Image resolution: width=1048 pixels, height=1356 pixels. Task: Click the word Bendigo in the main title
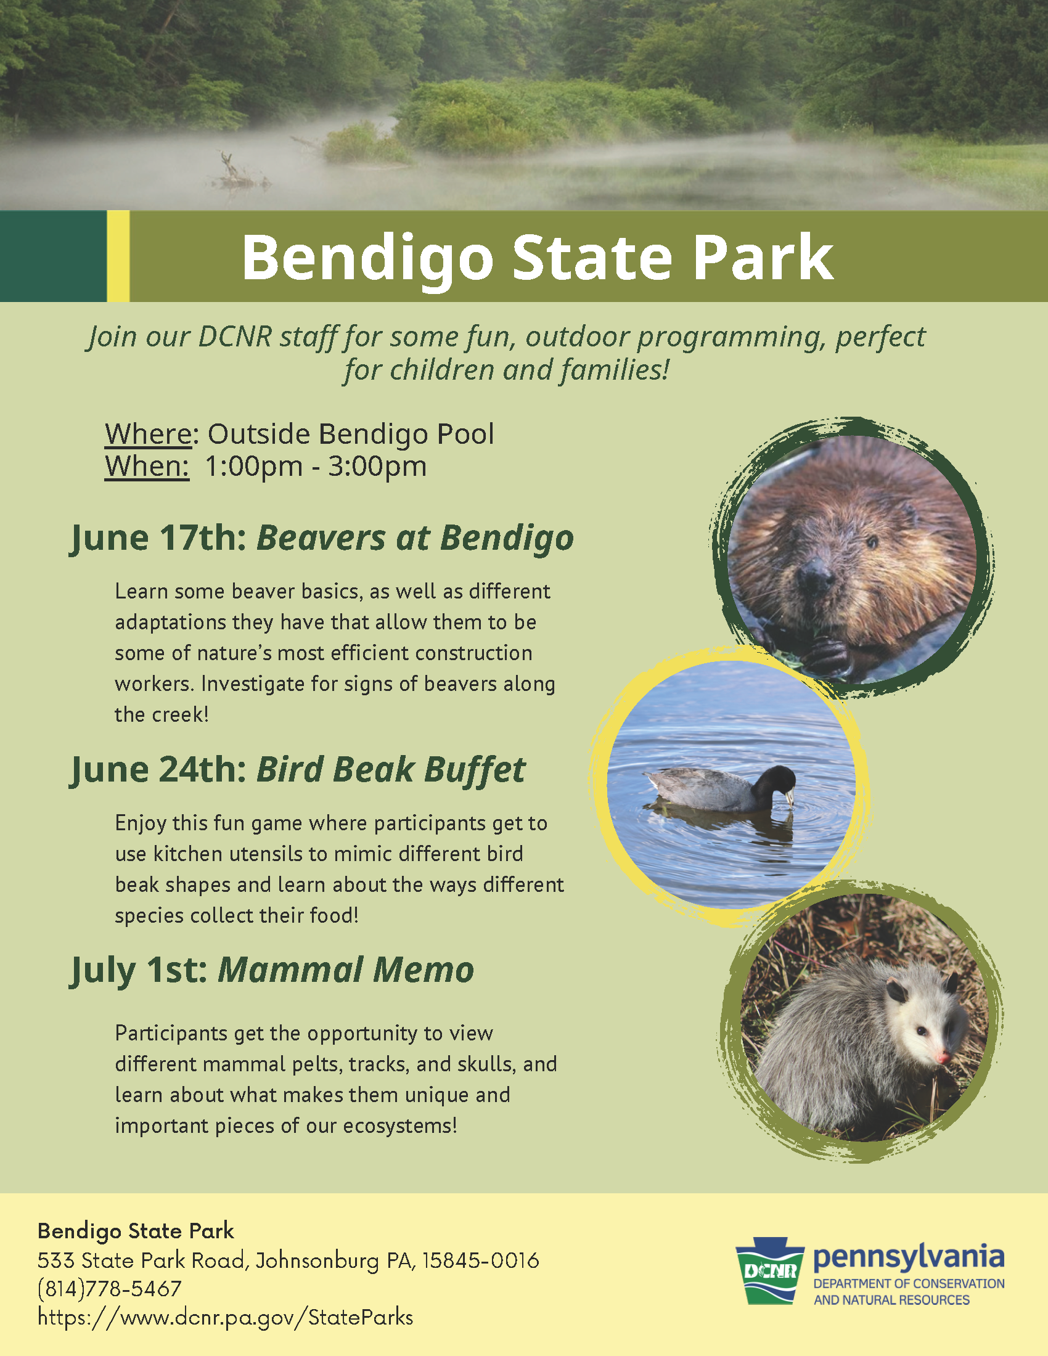tap(367, 258)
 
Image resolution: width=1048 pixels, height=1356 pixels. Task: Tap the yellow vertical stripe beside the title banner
tap(118, 256)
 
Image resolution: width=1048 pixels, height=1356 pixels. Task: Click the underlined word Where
tap(149, 434)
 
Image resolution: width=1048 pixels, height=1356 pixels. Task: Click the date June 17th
tap(159, 537)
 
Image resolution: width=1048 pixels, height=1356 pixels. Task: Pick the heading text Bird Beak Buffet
tap(390, 770)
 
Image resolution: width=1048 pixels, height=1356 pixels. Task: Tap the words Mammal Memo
tap(345, 970)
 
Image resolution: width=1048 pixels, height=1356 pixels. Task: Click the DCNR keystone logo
tap(770, 1270)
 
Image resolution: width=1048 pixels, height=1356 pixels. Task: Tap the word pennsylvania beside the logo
tap(908, 1257)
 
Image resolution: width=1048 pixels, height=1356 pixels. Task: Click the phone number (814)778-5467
tap(109, 1289)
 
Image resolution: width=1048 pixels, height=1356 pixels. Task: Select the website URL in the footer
tap(225, 1318)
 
